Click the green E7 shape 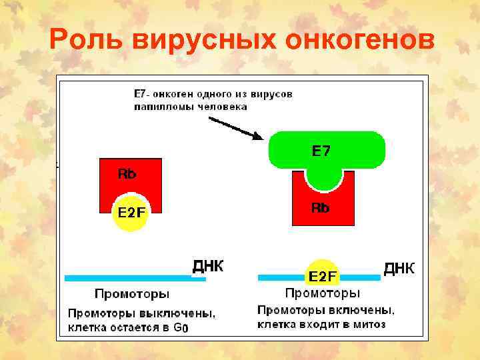click(x=326, y=151)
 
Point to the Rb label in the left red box click(x=127, y=174)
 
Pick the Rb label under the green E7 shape click(x=321, y=207)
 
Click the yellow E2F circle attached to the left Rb click(x=131, y=213)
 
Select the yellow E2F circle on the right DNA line click(x=322, y=275)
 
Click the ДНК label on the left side click(x=209, y=267)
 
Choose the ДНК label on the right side click(x=399, y=268)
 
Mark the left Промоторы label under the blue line click(x=132, y=294)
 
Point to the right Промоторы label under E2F click(x=323, y=293)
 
